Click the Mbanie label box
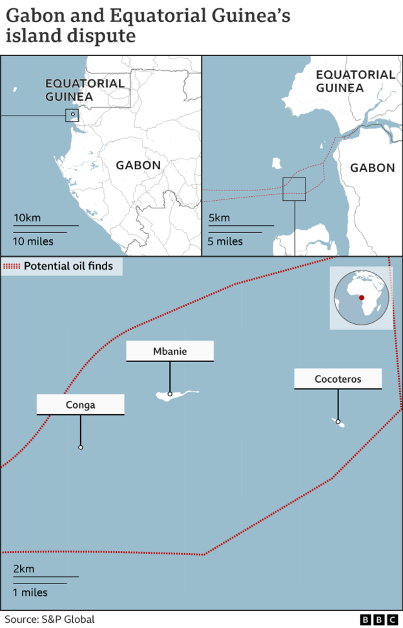coord(170,351)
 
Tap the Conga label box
coord(80,405)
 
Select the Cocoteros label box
coord(338,379)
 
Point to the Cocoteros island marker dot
coord(338,421)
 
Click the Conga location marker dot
coord(80,447)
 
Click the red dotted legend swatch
coord(12,266)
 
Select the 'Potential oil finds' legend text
coord(68,266)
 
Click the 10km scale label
coord(27,218)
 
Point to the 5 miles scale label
coord(225,241)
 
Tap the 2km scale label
coord(24,569)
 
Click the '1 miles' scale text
coord(30,592)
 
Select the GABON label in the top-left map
coord(138,165)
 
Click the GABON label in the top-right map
coord(372,168)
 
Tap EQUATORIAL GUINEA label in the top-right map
coord(355,81)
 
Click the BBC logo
coord(379,620)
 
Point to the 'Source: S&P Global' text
coord(49,620)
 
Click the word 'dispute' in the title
coord(104,36)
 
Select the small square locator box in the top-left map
coord(72,116)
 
